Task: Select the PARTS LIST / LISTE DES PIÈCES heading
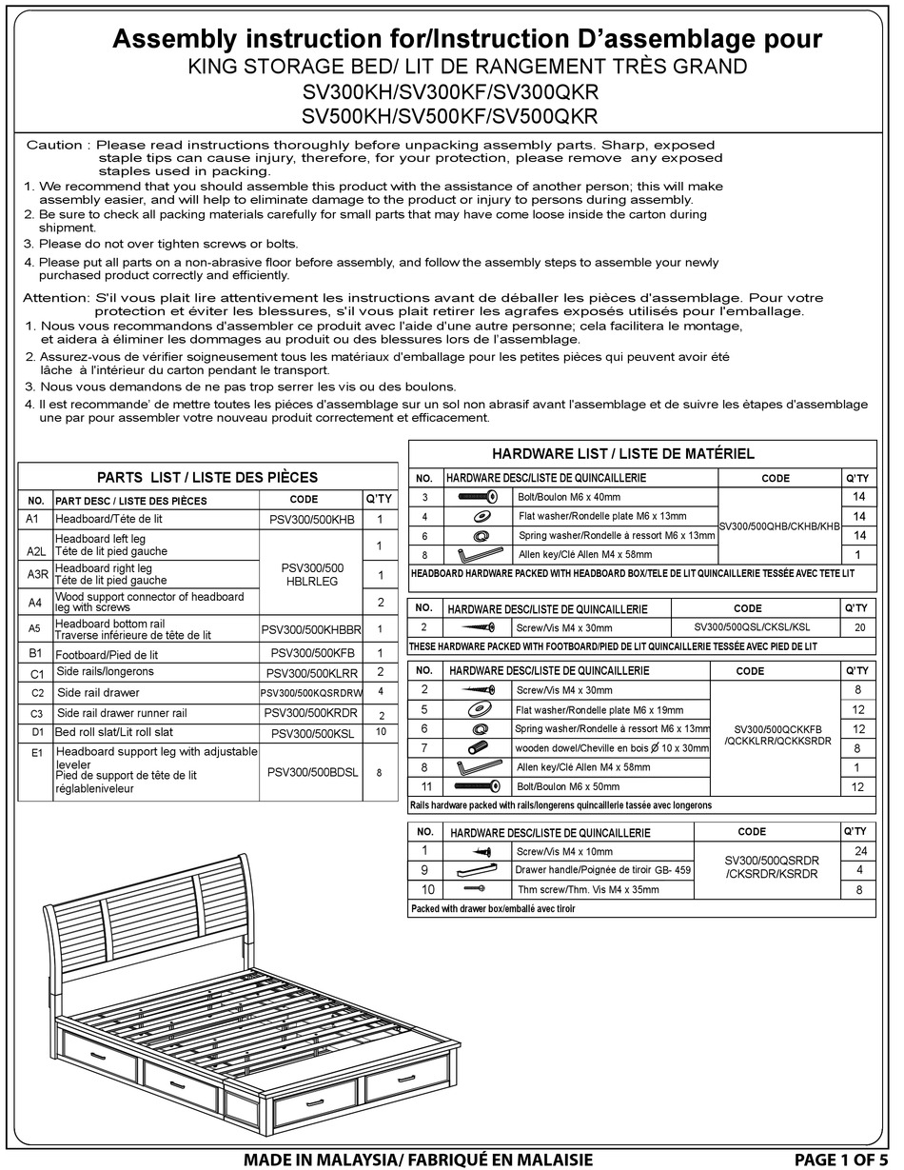tap(207, 477)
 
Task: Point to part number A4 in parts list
tap(35, 602)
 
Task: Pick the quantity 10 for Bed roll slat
tap(380, 732)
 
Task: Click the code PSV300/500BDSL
tap(312, 772)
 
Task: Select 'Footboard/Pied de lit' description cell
tap(107, 655)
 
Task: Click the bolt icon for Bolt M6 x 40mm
tap(478, 497)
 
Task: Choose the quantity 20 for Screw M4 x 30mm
tap(859, 627)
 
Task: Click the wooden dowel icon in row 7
tap(478, 748)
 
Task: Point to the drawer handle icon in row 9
tap(478, 870)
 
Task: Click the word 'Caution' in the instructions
tap(54, 145)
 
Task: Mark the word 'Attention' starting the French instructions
tap(56, 297)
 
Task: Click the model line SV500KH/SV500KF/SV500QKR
tap(449, 116)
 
